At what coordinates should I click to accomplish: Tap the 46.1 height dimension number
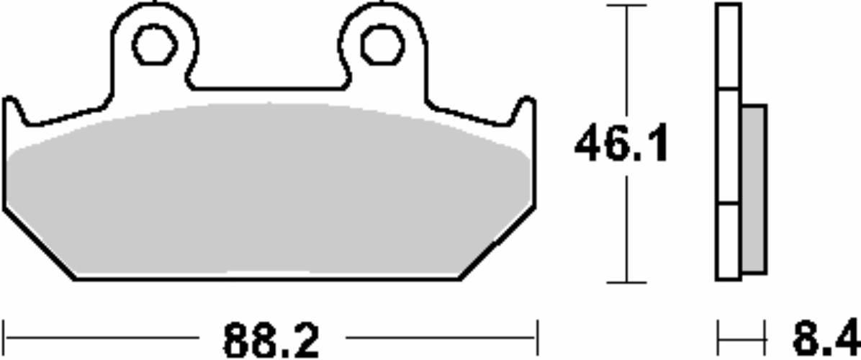pyautogui.click(x=621, y=144)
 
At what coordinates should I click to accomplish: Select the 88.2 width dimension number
pyautogui.click(x=271, y=341)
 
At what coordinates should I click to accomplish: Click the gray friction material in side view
pyautogui.click(x=754, y=189)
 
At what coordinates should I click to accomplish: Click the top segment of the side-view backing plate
pyautogui.click(x=729, y=46)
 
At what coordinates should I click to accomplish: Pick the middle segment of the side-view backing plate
pyautogui.click(x=729, y=146)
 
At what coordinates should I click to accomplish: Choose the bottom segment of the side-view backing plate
pyautogui.click(x=729, y=242)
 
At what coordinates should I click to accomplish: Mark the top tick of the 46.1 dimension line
pyautogui.click(x=626, y=6)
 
